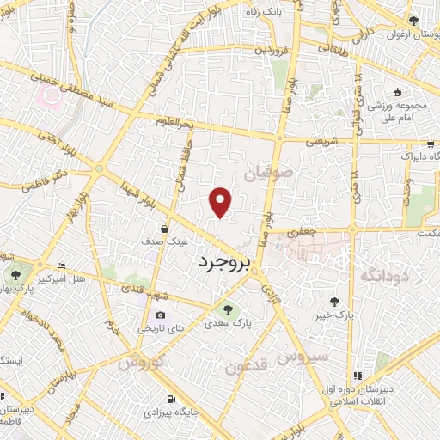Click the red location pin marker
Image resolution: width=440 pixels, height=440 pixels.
click(221, 200)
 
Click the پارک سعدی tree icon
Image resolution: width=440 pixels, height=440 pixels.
click(228, 309)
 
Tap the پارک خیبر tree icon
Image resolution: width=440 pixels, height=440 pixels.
click(334, 302)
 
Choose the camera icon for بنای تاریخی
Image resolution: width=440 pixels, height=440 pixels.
click(160, 315)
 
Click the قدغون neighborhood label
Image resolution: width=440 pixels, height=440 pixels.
click(247, 367)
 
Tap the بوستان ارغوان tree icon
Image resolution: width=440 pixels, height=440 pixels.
click(413, 20)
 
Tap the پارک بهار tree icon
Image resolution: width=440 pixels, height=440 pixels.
click(15, 276)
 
